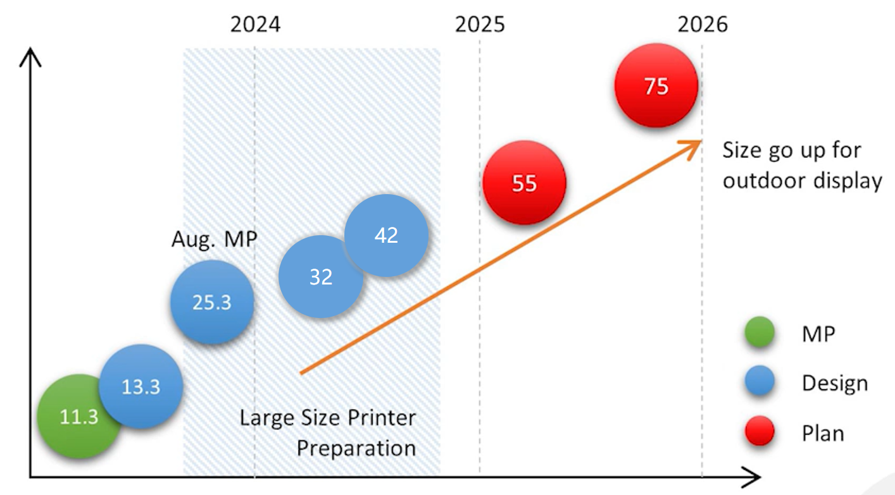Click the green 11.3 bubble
pos(75,417)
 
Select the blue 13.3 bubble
pos(141,386)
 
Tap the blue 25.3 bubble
pos(212,302)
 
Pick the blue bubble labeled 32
pos(320,277)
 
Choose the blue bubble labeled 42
pos(386,235)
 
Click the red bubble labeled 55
pos(524,183)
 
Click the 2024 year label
pos(255,25)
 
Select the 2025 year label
pos(480,25)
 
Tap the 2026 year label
pos(703,25)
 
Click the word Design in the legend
pos(834,383)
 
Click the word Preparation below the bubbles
pos(356,448)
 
